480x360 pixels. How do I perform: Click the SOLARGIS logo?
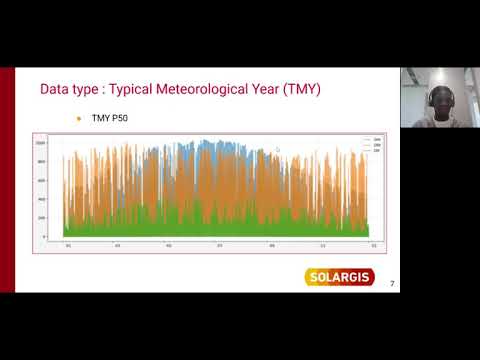tap(339, 276)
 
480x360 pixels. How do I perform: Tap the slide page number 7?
tap(392, 284)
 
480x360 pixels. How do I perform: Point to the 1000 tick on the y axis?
tap(41, 143)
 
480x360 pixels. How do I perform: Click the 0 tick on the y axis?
tap(44, 236)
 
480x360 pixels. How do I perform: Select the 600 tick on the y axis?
tap(42, 180)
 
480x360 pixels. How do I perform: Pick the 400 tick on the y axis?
tap(42, 199)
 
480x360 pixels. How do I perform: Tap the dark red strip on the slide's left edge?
tap(7, 180)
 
